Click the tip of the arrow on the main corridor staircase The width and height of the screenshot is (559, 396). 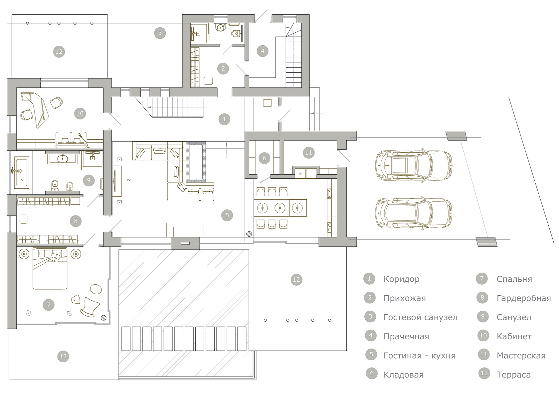pyautogui.click(x=147, y=107)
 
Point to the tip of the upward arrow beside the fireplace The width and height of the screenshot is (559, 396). pyautogui.click(x=227, y=142)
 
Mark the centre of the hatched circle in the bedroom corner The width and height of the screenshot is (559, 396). pyautogui.click(x=103, y=318)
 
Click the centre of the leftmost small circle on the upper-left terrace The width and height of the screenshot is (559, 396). pyautogui.click(x=27, y=23)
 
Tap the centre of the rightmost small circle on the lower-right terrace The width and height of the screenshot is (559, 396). pyautogui.click(x=330, y=320)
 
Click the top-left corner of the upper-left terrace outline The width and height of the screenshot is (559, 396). pyautogui.click(x=12, y=15)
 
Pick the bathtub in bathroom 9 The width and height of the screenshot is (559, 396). pyautogui.click(x=21, y=172)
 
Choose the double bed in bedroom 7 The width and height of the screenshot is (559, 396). pyautogui.click(x=50, y=268)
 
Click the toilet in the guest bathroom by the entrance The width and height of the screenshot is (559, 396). pyautogui.click(x=237, y=33)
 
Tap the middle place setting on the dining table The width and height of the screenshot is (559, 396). pyautogui.click(x=280, y=208)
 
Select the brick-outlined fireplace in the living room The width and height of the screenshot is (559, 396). pyautogui.click(x=196, y=161)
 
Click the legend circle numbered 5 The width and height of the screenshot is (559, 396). pyautogui.click(x=371, y=355)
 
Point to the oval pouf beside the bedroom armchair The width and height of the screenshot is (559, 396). pyautogui.click(x=96, y=289)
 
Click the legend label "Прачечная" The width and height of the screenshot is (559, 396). pyautogui.click(x=406, y=337)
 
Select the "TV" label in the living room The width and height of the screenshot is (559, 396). pyautogui.click(x=128, y=180)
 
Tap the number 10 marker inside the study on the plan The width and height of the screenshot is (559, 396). pyautogui.click(x=80, y=113)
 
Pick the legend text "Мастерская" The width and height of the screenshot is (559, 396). pyautogui.click(x=521, y=355)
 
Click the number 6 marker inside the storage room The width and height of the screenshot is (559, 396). pyautogui.click(x=264, y=158)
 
